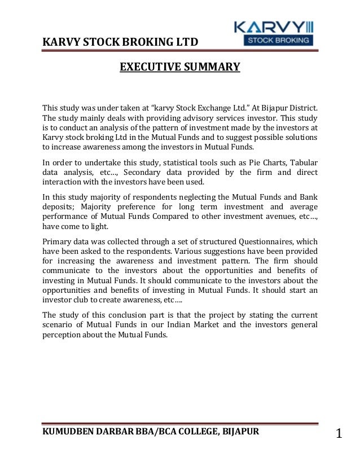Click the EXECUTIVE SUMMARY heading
[179, 68]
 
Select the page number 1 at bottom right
[339, 434]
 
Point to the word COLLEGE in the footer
[197, 432]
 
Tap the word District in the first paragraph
[302, 108]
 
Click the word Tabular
[300, 163]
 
